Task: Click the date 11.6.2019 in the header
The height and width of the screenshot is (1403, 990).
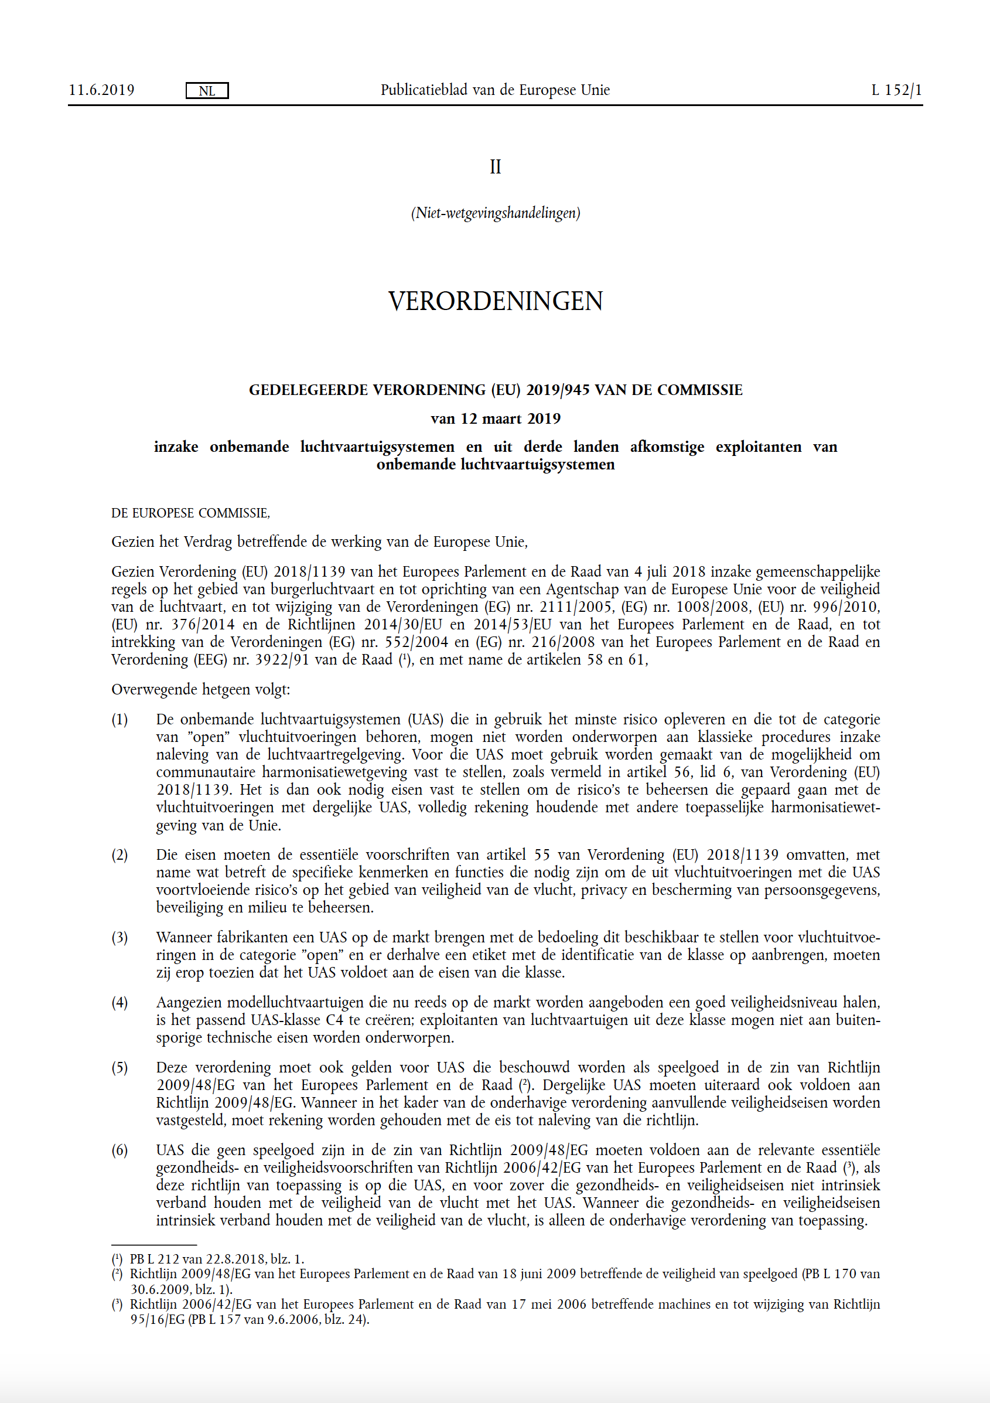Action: point(101,90)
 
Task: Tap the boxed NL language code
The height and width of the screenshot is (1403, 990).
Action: point(207,91)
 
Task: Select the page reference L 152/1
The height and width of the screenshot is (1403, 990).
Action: point(896,90)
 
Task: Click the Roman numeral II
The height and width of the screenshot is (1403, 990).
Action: point(496,167)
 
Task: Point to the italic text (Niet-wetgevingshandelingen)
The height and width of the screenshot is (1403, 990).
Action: point(496,213)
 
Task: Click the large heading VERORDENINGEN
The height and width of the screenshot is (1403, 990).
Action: point(496,301)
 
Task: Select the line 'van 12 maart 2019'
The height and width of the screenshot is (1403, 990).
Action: point(496,418)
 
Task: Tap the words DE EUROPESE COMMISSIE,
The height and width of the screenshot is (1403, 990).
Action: point(190,513)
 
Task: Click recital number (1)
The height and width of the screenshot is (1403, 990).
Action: point(120,720)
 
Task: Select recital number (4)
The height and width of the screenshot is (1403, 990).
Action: point(120,1003)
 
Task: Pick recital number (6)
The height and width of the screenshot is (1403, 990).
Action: point(120,1150)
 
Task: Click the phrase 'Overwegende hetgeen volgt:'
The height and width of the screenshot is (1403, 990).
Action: point(200,690)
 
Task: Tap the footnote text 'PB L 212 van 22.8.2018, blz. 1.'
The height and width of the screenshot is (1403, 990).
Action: point(217,1259)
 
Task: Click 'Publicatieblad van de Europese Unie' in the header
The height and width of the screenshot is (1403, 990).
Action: point(496,90)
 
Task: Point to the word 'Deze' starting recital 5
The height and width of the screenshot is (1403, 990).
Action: point(172,1068)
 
